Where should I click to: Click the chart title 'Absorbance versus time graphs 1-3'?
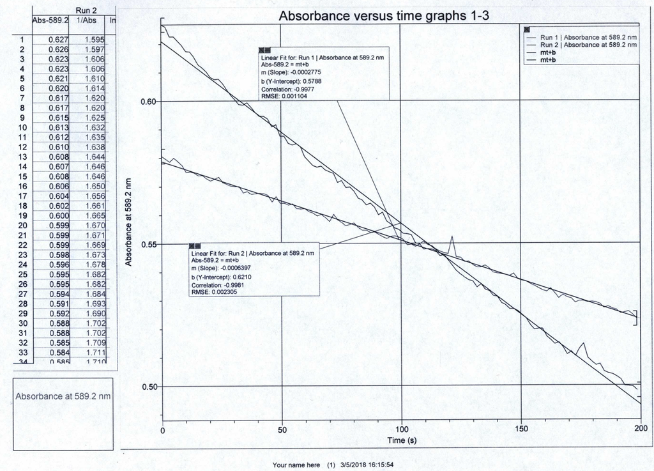pyautogui.click(x=384, y=17)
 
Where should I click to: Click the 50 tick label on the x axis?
pyautogui.click(x=282, y=430)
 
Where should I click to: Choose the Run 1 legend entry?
pyautogui.click(x=588, y=37)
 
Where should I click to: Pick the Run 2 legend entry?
pyautogui.click(x=588, y=45)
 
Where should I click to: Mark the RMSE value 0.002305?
pyautogui.click(x=217, y=291)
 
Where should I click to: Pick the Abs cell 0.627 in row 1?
pyautogui.click(x=59, y=40)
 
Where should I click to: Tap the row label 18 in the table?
pyautogui.click(x=22, y=206)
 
